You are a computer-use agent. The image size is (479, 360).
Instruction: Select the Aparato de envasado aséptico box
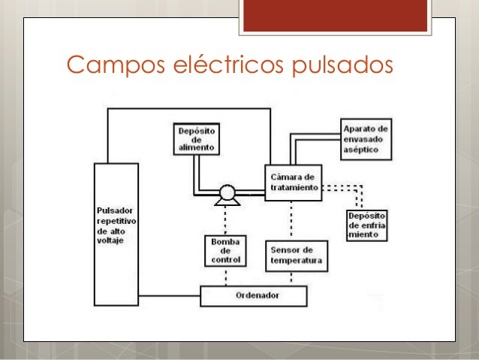coord(365,138)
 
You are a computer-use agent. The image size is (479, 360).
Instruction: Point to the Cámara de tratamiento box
coord(293,183)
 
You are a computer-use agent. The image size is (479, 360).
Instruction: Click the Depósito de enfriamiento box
coord(367,225)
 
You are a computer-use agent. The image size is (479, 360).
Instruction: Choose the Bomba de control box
coord(225,251)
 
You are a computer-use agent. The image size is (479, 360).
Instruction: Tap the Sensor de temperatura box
coord(295,256)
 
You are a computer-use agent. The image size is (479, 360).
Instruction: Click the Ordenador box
coord(254,296)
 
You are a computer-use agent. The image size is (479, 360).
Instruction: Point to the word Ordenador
coord(254,296)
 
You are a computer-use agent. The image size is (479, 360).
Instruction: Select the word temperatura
coord(295,261)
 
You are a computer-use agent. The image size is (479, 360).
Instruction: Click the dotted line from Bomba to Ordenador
coord(225,277)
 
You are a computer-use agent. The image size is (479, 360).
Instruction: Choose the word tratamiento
coord(293,187)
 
